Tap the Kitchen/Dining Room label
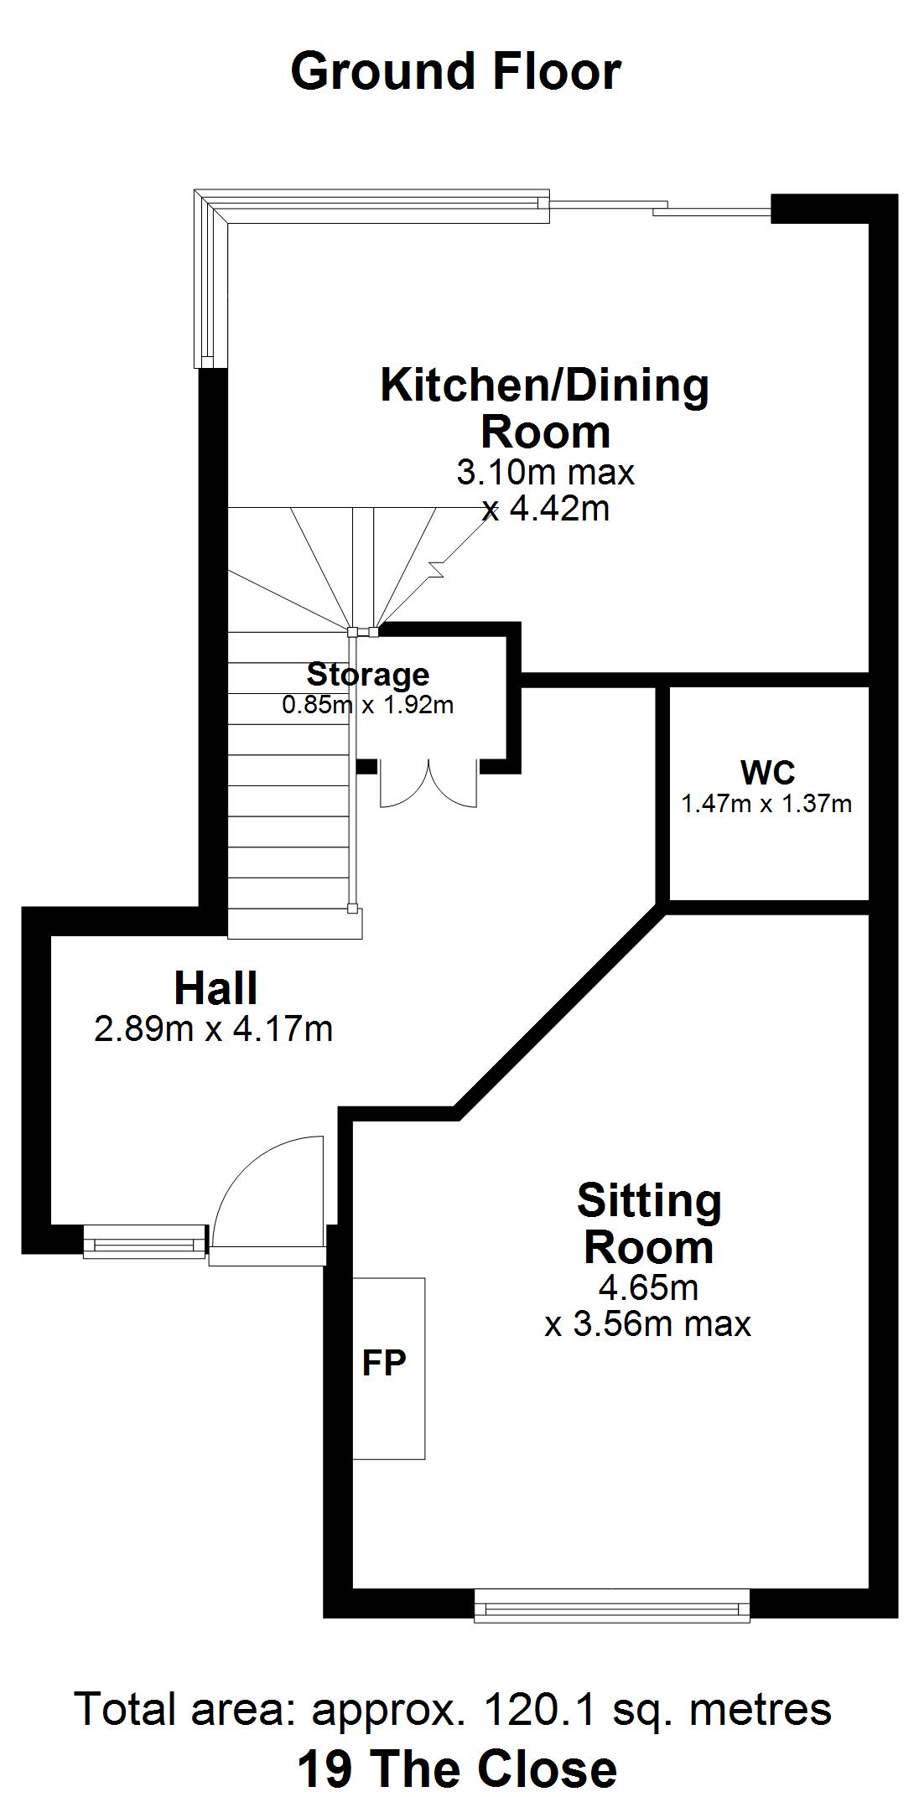pyautogui.click(x=545, y=408)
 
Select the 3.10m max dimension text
pyautogui.click(x=545, y=473)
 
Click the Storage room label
pyautogui.click(x=368, y=674)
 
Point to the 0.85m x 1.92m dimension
pyautogui.click(x=368, y=705)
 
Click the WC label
pyautogui.click(x=767, y=771)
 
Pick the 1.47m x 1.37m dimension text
pyautogui.click(x=766, y=804)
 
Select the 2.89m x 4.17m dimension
pyautogui.click(x=214, y=1028)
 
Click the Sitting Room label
pyautogui.click(x=649, y=1224)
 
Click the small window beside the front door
pyautogui.click(x=144, y=1240)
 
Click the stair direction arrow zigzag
pyautogui.click(x=436, y=570)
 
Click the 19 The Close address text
pyautogui.click(x=457, y=1769)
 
